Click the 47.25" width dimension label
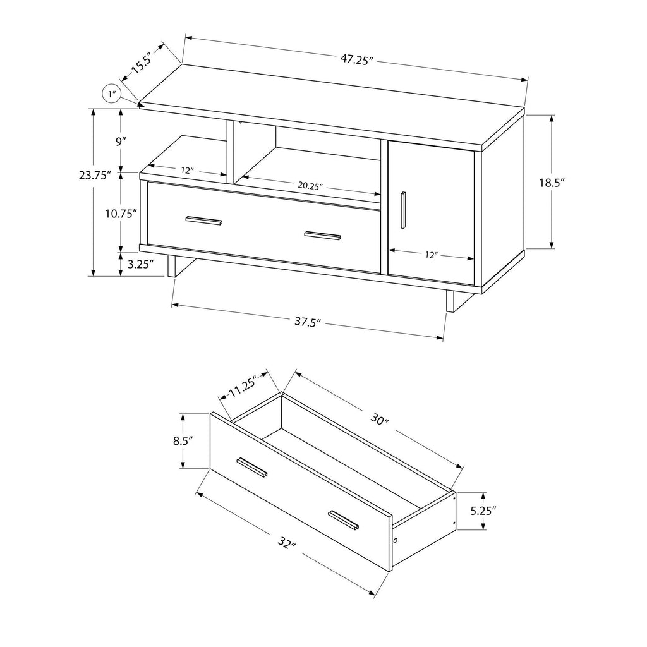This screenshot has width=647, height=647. click(356, 59)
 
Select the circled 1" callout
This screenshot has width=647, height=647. click(111, 94)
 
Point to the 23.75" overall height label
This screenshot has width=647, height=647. click(95, 176)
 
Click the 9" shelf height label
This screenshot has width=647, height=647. click(120, 142)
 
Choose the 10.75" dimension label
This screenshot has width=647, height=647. click(121, 214)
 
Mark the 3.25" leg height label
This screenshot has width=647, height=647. click(140, 264)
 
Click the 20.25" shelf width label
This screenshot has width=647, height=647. click(310, 186)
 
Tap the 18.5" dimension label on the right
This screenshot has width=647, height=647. click(552, 183)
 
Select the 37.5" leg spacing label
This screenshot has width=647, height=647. click(308, 322)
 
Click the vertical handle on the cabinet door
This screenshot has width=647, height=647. click(403, 210)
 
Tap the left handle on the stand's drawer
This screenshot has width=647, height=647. click(204, 221)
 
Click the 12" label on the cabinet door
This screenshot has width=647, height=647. click(431, 255)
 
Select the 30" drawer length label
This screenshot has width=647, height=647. click(380, 420)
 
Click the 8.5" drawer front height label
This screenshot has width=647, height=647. click(183, 441)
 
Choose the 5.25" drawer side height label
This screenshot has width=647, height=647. click(483, 511)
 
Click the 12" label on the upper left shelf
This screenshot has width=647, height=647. click(187, 171)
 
